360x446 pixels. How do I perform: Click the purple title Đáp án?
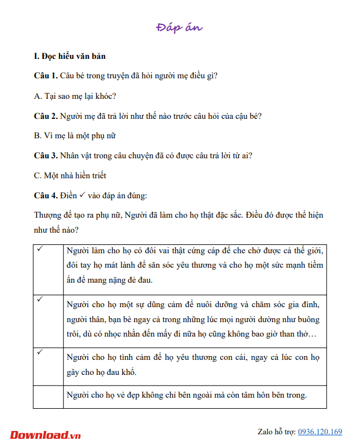pos(179,27)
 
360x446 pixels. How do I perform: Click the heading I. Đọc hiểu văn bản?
pos(69,56)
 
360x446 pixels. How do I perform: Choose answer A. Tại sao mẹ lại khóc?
pos(75,96)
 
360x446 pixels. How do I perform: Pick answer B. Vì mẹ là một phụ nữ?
pos(74,136)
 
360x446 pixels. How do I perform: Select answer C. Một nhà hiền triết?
pos(70,176)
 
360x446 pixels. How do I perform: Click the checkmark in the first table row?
pos(40,249)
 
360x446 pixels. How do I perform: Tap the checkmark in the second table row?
pos(40,299)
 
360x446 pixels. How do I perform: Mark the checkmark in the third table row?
pos(40,352)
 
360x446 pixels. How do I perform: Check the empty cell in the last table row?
pos(48,396)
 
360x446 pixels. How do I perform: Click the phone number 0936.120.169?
pos(320,432)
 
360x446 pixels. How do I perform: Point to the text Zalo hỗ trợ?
pos(277,432)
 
